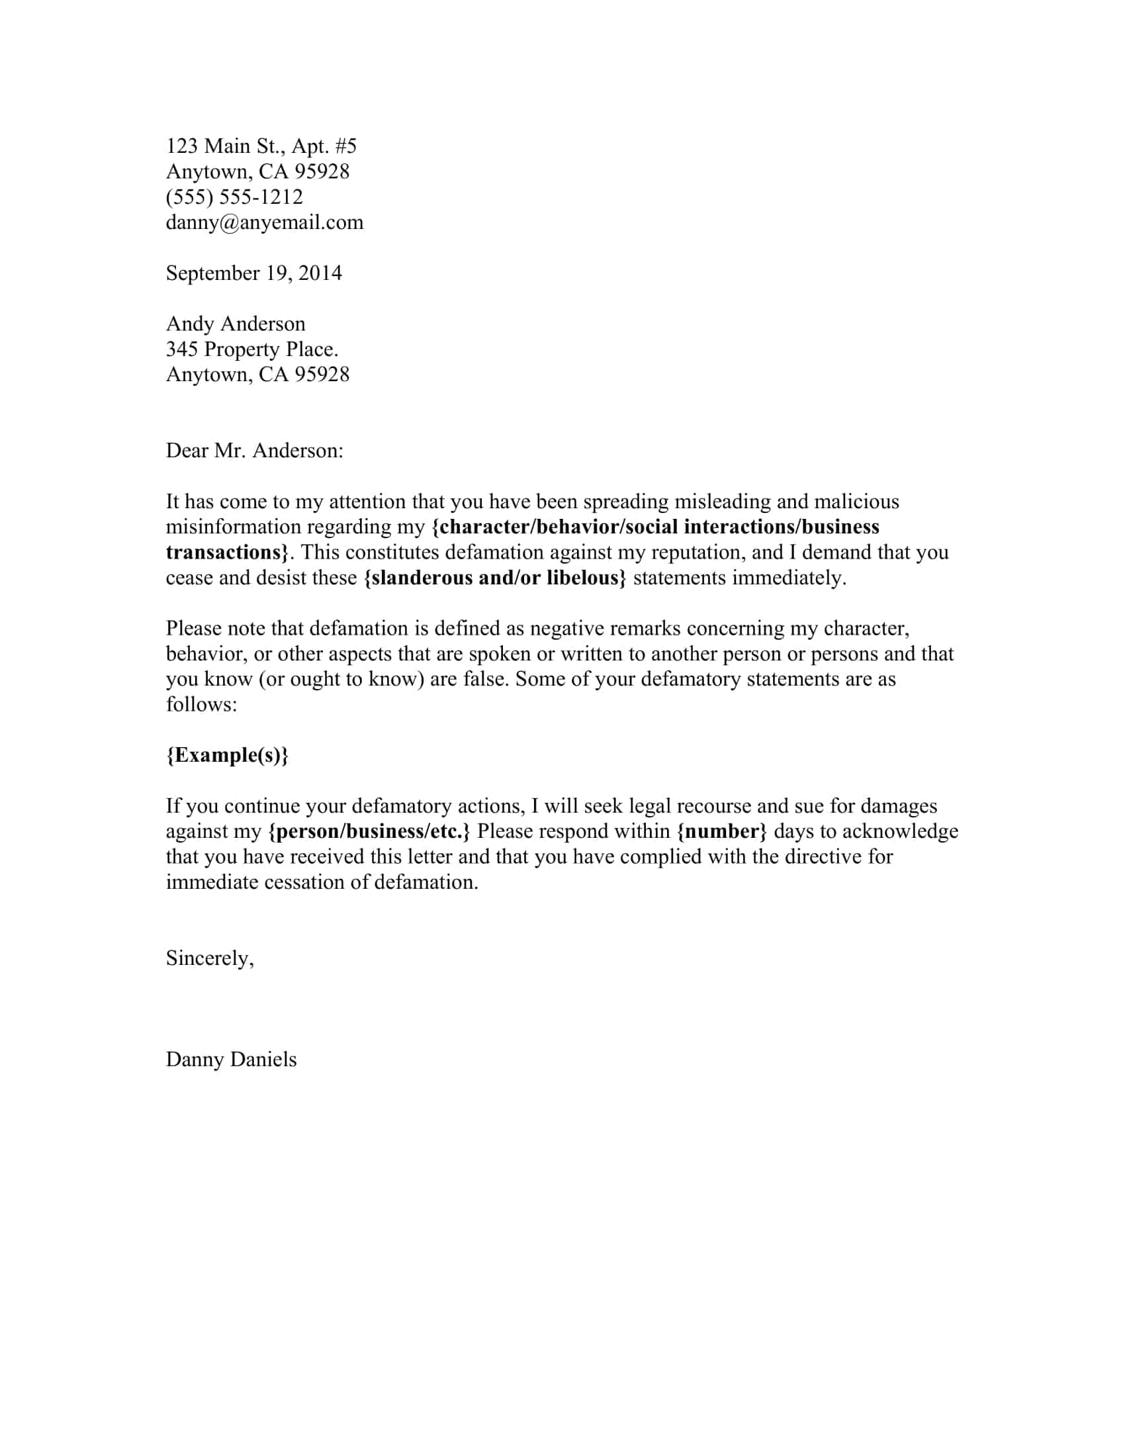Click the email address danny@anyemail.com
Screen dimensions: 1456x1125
point(265,222)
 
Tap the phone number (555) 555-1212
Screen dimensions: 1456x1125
point(235,197)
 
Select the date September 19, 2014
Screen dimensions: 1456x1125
point(254,273)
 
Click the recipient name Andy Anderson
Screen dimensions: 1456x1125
point(236,324)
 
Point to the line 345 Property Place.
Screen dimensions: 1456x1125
point(252,349)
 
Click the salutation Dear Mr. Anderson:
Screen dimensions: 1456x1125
point(255,451)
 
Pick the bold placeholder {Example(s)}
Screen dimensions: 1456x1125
point(227,755)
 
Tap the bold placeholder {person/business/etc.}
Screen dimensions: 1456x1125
point(369,831)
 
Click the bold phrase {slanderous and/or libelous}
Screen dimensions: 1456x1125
point(495,577)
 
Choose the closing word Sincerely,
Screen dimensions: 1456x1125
point(210,958)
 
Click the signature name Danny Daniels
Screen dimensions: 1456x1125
point(231,1060)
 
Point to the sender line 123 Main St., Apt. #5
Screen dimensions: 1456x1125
point(261,146)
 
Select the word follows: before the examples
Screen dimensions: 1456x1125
point(201,705)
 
